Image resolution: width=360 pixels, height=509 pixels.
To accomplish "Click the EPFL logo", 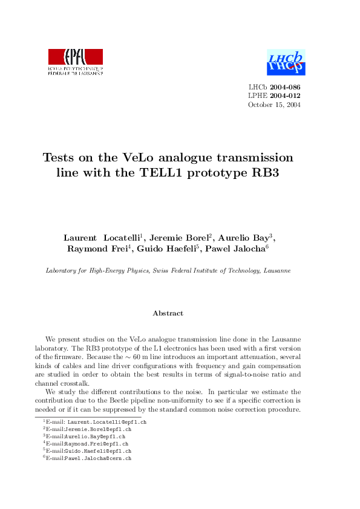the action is (x=76, y=61).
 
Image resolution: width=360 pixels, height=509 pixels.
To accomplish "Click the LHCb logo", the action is (x=286, y=61).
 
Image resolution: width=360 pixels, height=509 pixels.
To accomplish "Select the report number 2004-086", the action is (x=285, y=87).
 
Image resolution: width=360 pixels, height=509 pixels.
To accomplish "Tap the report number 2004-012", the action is (x=285, y=96).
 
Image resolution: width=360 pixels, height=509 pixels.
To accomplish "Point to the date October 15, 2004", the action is (x=274, y=105).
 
